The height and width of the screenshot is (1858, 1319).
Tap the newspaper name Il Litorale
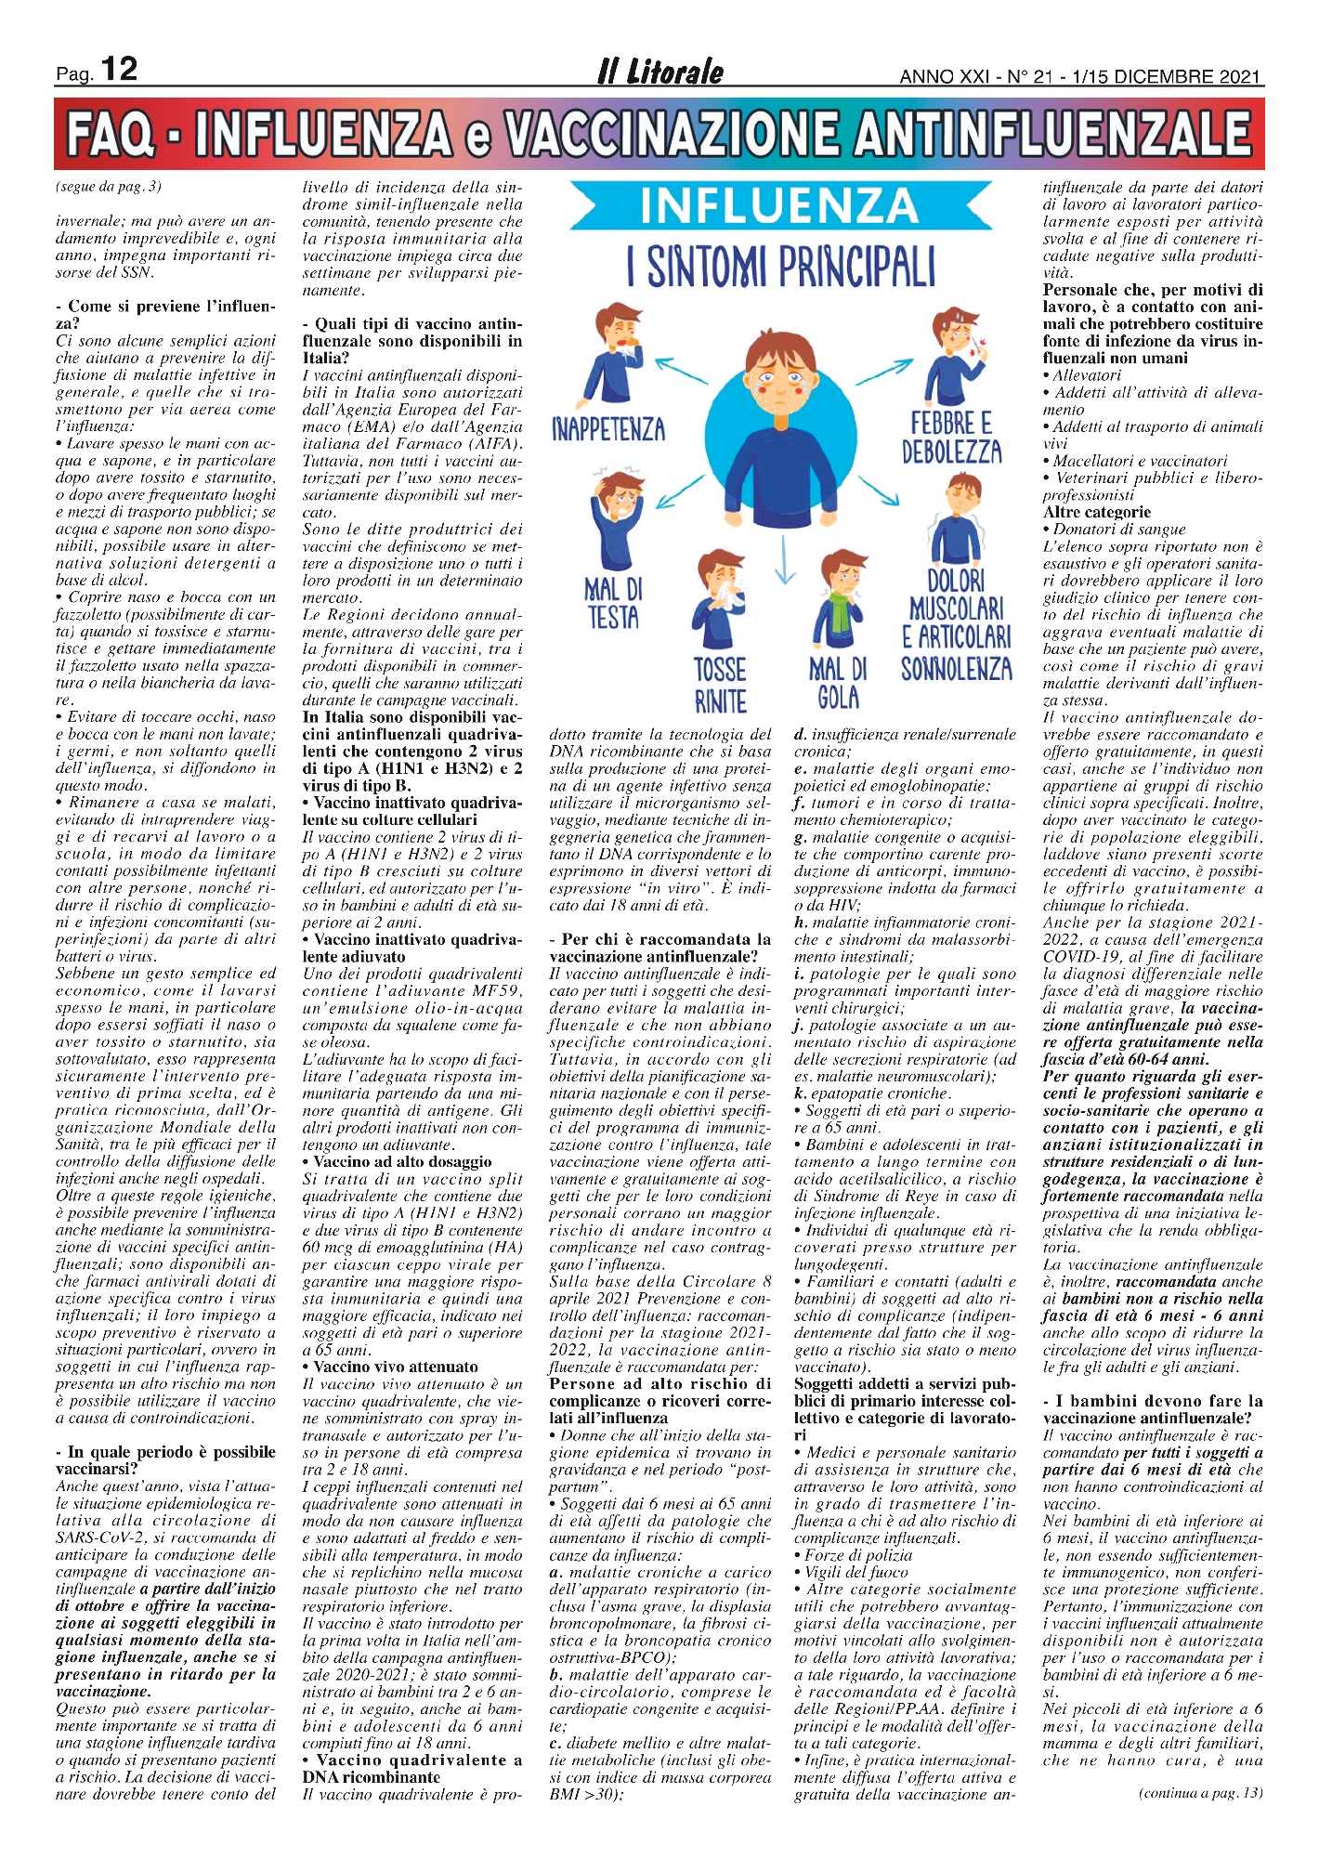click(x=660, y=72)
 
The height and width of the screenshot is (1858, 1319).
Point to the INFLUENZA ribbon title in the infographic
click(x=778, y=207)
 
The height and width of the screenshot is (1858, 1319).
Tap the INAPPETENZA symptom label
click(x=608, y=429)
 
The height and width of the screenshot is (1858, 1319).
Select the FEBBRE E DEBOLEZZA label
click(x=951, y=438)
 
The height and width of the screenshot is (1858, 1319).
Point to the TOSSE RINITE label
click(x=720, y=685)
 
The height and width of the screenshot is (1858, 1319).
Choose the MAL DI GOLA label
click(x=838, y=683)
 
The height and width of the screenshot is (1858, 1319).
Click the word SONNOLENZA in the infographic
click(x=956, y=669)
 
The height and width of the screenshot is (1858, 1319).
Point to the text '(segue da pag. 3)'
click(x=109, y=187)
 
